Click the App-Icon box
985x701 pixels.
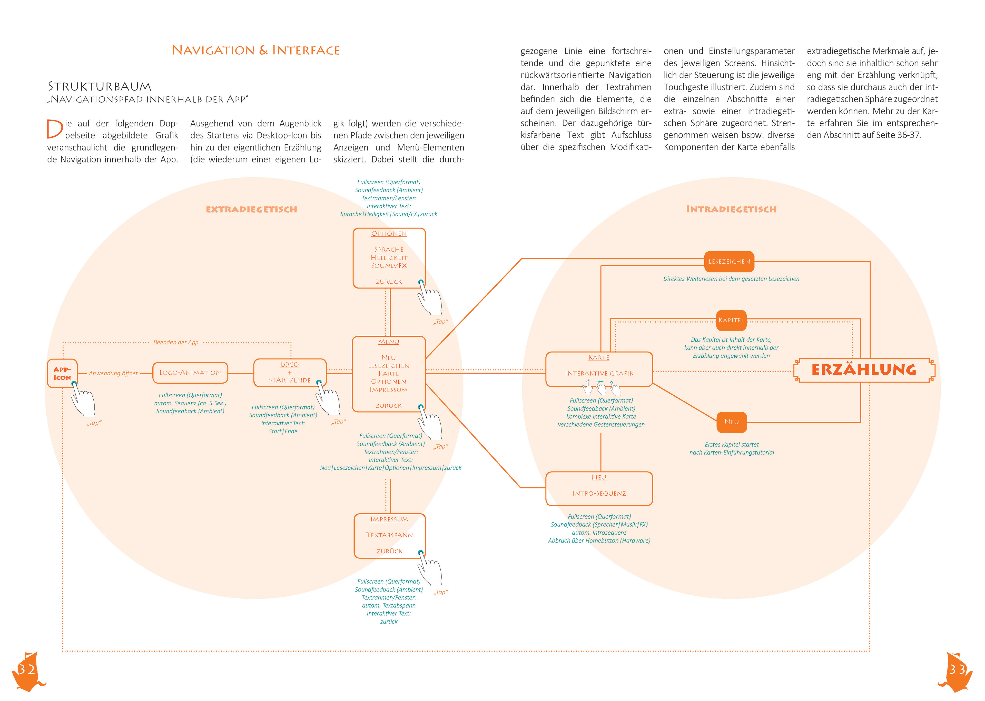(x=62, y=373)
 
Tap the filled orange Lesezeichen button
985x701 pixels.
(x=729, y=262)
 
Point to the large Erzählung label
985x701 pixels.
(x=864, y=370)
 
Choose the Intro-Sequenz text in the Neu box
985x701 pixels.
(x=599, y=493)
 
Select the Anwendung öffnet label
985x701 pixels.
(x=113, y=373)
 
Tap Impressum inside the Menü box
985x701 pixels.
(x=389, y=390)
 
